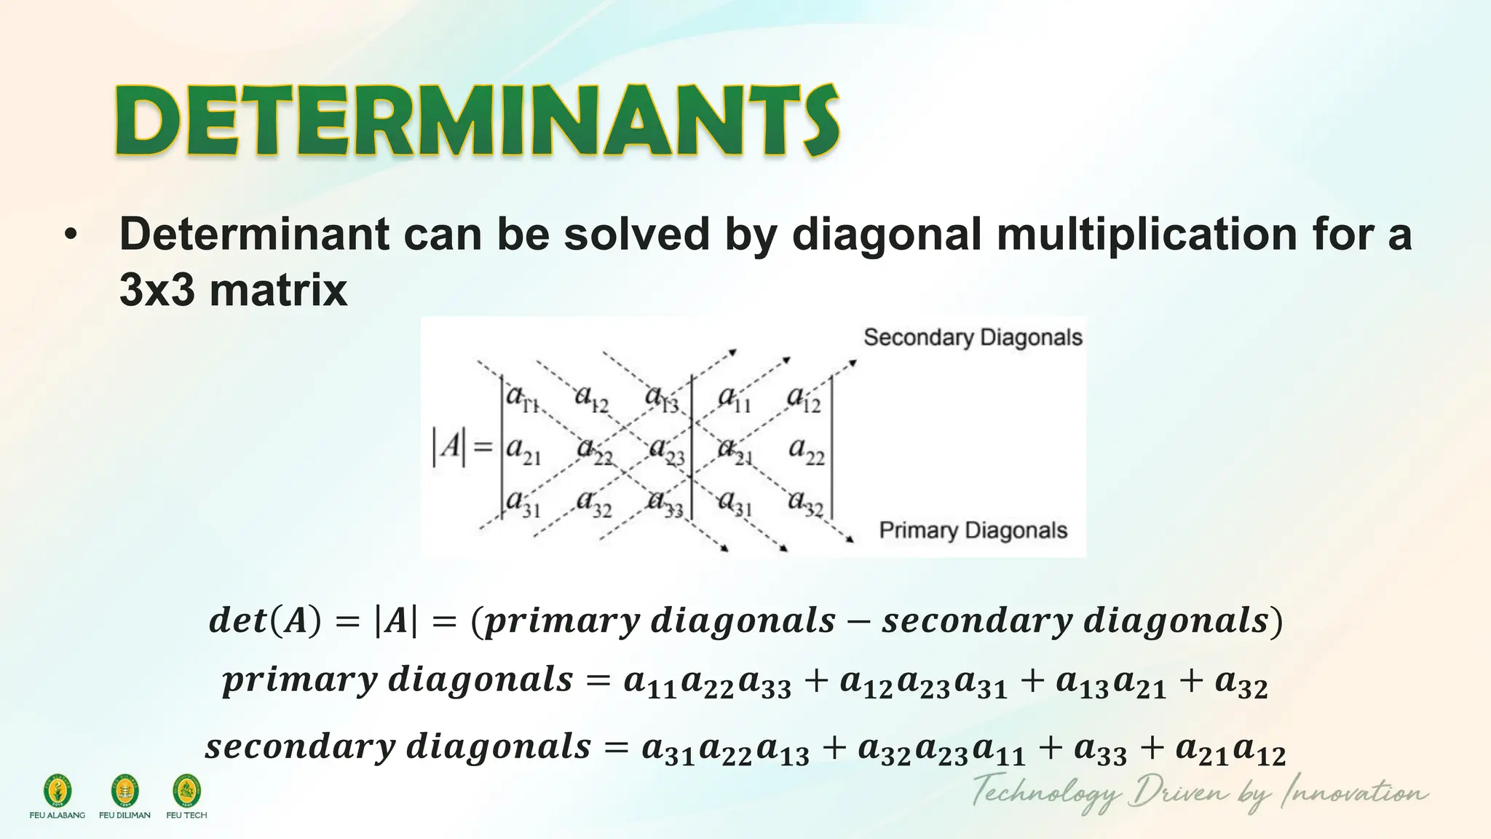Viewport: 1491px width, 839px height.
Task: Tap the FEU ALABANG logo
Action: (x=58, y=791)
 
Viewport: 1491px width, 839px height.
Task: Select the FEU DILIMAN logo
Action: (x=124, y=791)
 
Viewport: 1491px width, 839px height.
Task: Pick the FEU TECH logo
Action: (x=186, y=791)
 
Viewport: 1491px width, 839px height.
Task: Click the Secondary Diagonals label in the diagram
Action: (x=973, y=338)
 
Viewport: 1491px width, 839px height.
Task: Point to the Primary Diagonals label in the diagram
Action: (x=973, y=530)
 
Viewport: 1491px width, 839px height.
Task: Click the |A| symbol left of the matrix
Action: (x=448, y=446)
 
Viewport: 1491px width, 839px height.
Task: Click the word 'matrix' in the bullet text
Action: (x=278, y=290)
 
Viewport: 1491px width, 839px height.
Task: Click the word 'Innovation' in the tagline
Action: (x=1354, y=792)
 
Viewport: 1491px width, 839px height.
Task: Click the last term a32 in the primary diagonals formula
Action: (x=1241, y=683)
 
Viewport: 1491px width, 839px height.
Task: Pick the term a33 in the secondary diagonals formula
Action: (x=1100, y=750)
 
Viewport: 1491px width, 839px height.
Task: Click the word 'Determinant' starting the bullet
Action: (x=254, y=235)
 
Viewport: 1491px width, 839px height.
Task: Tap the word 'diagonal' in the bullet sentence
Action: (x=886, y=235)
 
